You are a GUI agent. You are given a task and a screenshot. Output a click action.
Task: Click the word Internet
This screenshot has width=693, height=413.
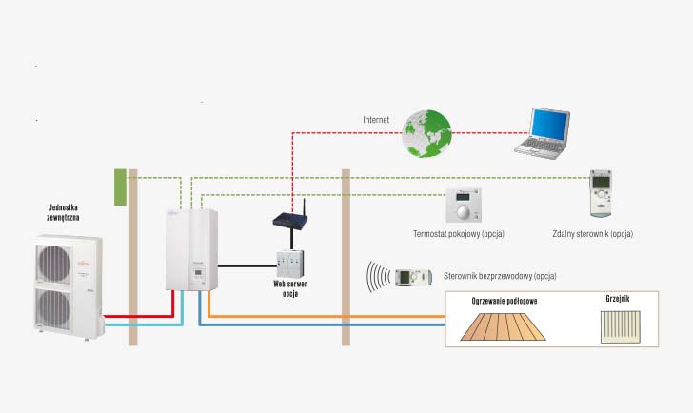pos(376,120)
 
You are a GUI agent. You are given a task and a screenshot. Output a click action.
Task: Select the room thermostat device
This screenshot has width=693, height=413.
pos(465,206)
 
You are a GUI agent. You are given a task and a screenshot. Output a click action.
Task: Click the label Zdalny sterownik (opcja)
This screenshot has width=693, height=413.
pos(592,233)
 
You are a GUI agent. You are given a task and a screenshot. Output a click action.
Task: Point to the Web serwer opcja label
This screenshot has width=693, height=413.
pos(290,289)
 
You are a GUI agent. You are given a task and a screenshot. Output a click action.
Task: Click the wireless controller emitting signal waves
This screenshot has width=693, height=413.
pos(412,277)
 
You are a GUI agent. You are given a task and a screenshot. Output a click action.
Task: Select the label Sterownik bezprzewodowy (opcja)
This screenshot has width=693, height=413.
pos(500,276)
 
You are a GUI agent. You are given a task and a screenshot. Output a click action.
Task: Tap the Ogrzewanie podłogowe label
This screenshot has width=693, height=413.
pos(505,301)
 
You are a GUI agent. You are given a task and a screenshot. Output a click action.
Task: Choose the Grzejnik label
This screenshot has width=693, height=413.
pos(618,299)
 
